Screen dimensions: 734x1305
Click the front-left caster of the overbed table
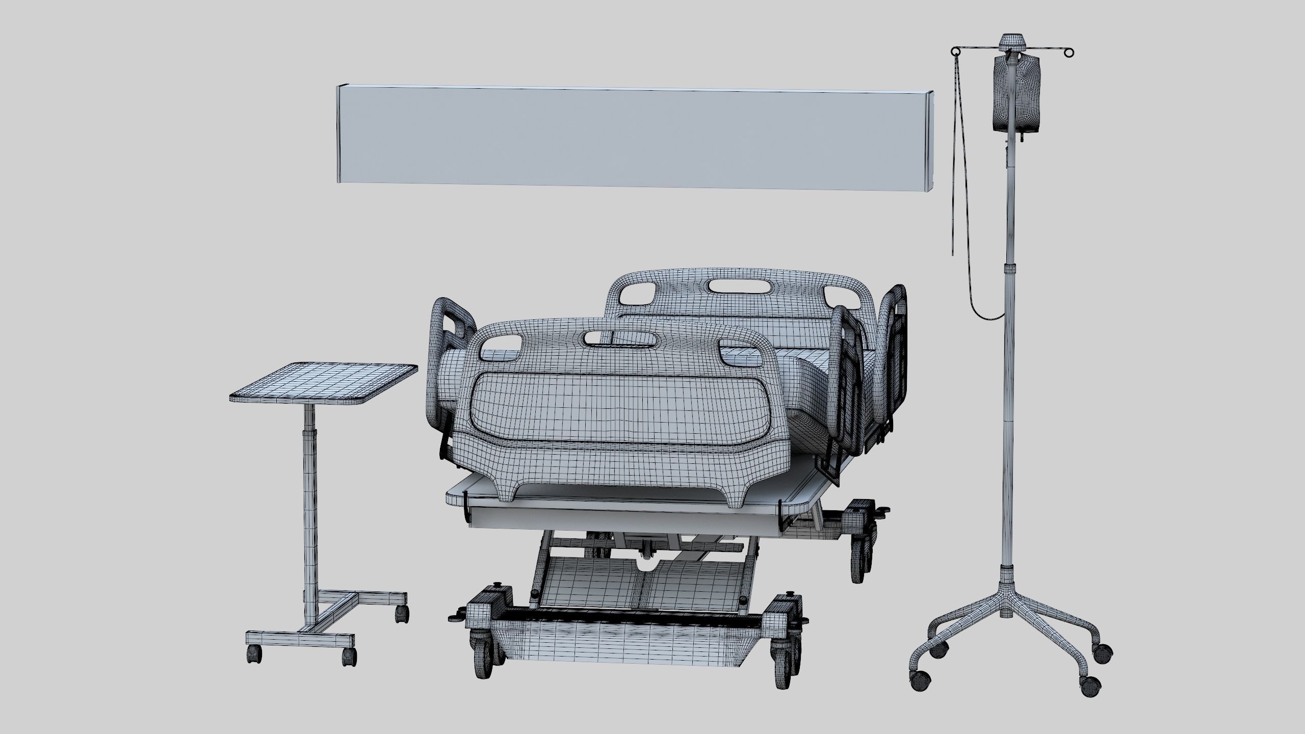pyautogui.click(x=254, y=654)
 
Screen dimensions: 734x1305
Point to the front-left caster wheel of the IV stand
pyautogui.click(x=920, y=681)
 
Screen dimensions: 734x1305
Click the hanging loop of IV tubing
pyautogui.click(x=984, y=313)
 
